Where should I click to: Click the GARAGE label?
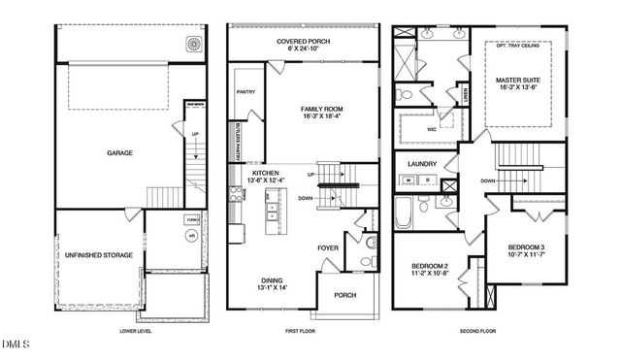119,153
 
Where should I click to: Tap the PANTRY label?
245,93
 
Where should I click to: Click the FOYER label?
328,247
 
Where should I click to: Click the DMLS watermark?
16,344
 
